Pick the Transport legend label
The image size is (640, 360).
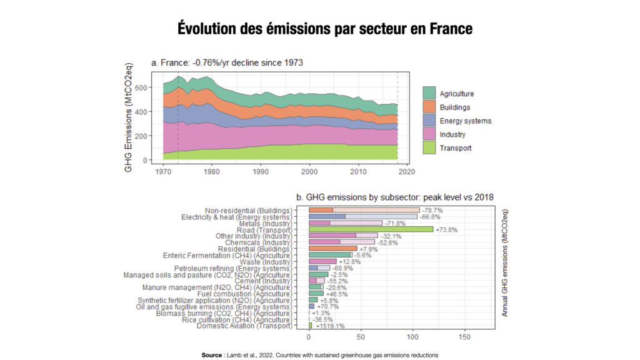pyautogui.click(x=456, y=148)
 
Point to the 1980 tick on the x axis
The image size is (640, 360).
pyautogui.click(x=212, y=171)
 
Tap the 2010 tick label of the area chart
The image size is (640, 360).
pyautogui.click(x=358, y=171)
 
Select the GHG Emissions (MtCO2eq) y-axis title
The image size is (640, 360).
pyautogui.click(x=129, y=116)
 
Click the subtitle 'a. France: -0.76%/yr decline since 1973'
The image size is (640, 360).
pyautogui.click(x=227, y=63)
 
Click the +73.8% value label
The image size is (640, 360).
pyautogui.click(x=447, y=230)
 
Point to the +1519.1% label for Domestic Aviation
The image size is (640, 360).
pyautogui.click(x=329, y=326)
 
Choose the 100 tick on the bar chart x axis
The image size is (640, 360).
pyautogui.click(x=412, y=337)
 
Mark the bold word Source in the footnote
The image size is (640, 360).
pyautogui.click(x=212, y=355)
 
